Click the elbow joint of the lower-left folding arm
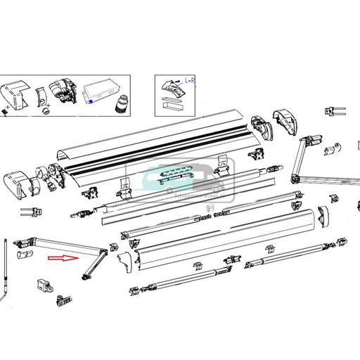coord(104,252)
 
